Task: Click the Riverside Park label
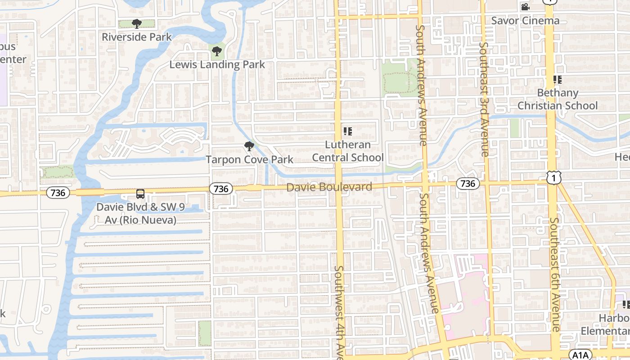[x=137, y=37]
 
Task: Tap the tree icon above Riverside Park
[x=137, y=23]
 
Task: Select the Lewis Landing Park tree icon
[x=217, y=51]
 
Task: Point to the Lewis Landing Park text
[x=217, y=65]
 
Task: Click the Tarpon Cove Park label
[x=249, y=159]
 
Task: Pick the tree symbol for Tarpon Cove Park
[x=249, y=146]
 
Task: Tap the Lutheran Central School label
[x=348, y=151]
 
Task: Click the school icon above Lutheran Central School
[x=347, y=131]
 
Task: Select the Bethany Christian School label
[x=558, y=99]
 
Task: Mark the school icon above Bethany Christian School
[x=558, y=80]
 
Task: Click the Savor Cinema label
[x=525, y=21]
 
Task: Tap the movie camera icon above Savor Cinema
[x=525, y=7]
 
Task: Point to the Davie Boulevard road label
[x=329, y=187]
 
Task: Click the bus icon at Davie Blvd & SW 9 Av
[x=140, y=194]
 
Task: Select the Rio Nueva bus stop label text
[x=137, y=214]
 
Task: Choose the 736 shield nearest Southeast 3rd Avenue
[x=468, y=183]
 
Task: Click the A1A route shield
[x=579, y=355]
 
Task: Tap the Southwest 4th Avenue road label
[x=339, y=310]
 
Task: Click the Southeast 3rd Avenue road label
[x=484, y=99]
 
